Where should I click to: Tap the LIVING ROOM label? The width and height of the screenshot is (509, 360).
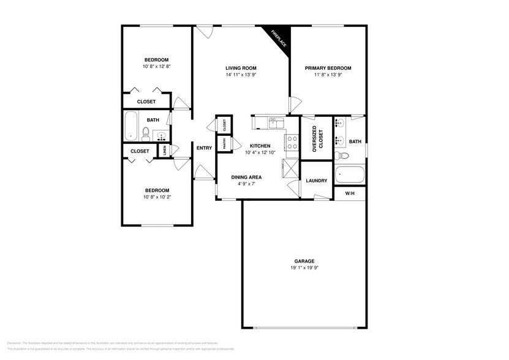pos(241,68)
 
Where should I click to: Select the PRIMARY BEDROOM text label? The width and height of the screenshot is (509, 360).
pos(329,68)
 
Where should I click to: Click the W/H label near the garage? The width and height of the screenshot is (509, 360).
pos(350,193)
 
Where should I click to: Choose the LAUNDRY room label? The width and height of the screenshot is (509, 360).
pos(317,181)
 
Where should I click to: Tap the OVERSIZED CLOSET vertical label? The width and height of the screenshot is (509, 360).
pos(316,139)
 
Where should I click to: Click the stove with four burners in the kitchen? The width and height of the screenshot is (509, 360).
pos(292,143)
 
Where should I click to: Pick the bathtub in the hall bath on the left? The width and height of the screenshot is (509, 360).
pos(132,126)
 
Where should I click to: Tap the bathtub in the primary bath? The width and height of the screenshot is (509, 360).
pos(350,176)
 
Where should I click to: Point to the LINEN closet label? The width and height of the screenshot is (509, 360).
pos(164,151)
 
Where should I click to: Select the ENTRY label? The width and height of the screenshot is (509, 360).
pos(204,148)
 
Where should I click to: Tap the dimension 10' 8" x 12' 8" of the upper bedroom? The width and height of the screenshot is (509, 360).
pos(156,66)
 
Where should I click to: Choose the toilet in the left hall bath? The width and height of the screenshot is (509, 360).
pos(146,133)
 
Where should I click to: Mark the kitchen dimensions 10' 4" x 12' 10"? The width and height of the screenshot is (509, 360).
pos(258,152)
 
